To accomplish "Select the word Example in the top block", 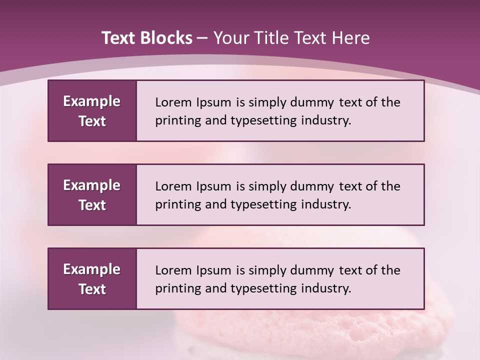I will tap(92, 101).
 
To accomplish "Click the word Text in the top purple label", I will tap(92, 121).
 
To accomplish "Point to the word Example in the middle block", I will tap(92, 185).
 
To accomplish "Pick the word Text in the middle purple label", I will tap(92, 205).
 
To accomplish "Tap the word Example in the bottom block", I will tap(92, 269).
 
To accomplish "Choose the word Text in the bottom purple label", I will tap(92, 289).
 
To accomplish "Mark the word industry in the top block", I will tap(325, 120).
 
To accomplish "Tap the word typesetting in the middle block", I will tap(263, 205).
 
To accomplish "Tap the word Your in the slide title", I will tap(230, 38).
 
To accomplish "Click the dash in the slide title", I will tap(202, 38).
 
